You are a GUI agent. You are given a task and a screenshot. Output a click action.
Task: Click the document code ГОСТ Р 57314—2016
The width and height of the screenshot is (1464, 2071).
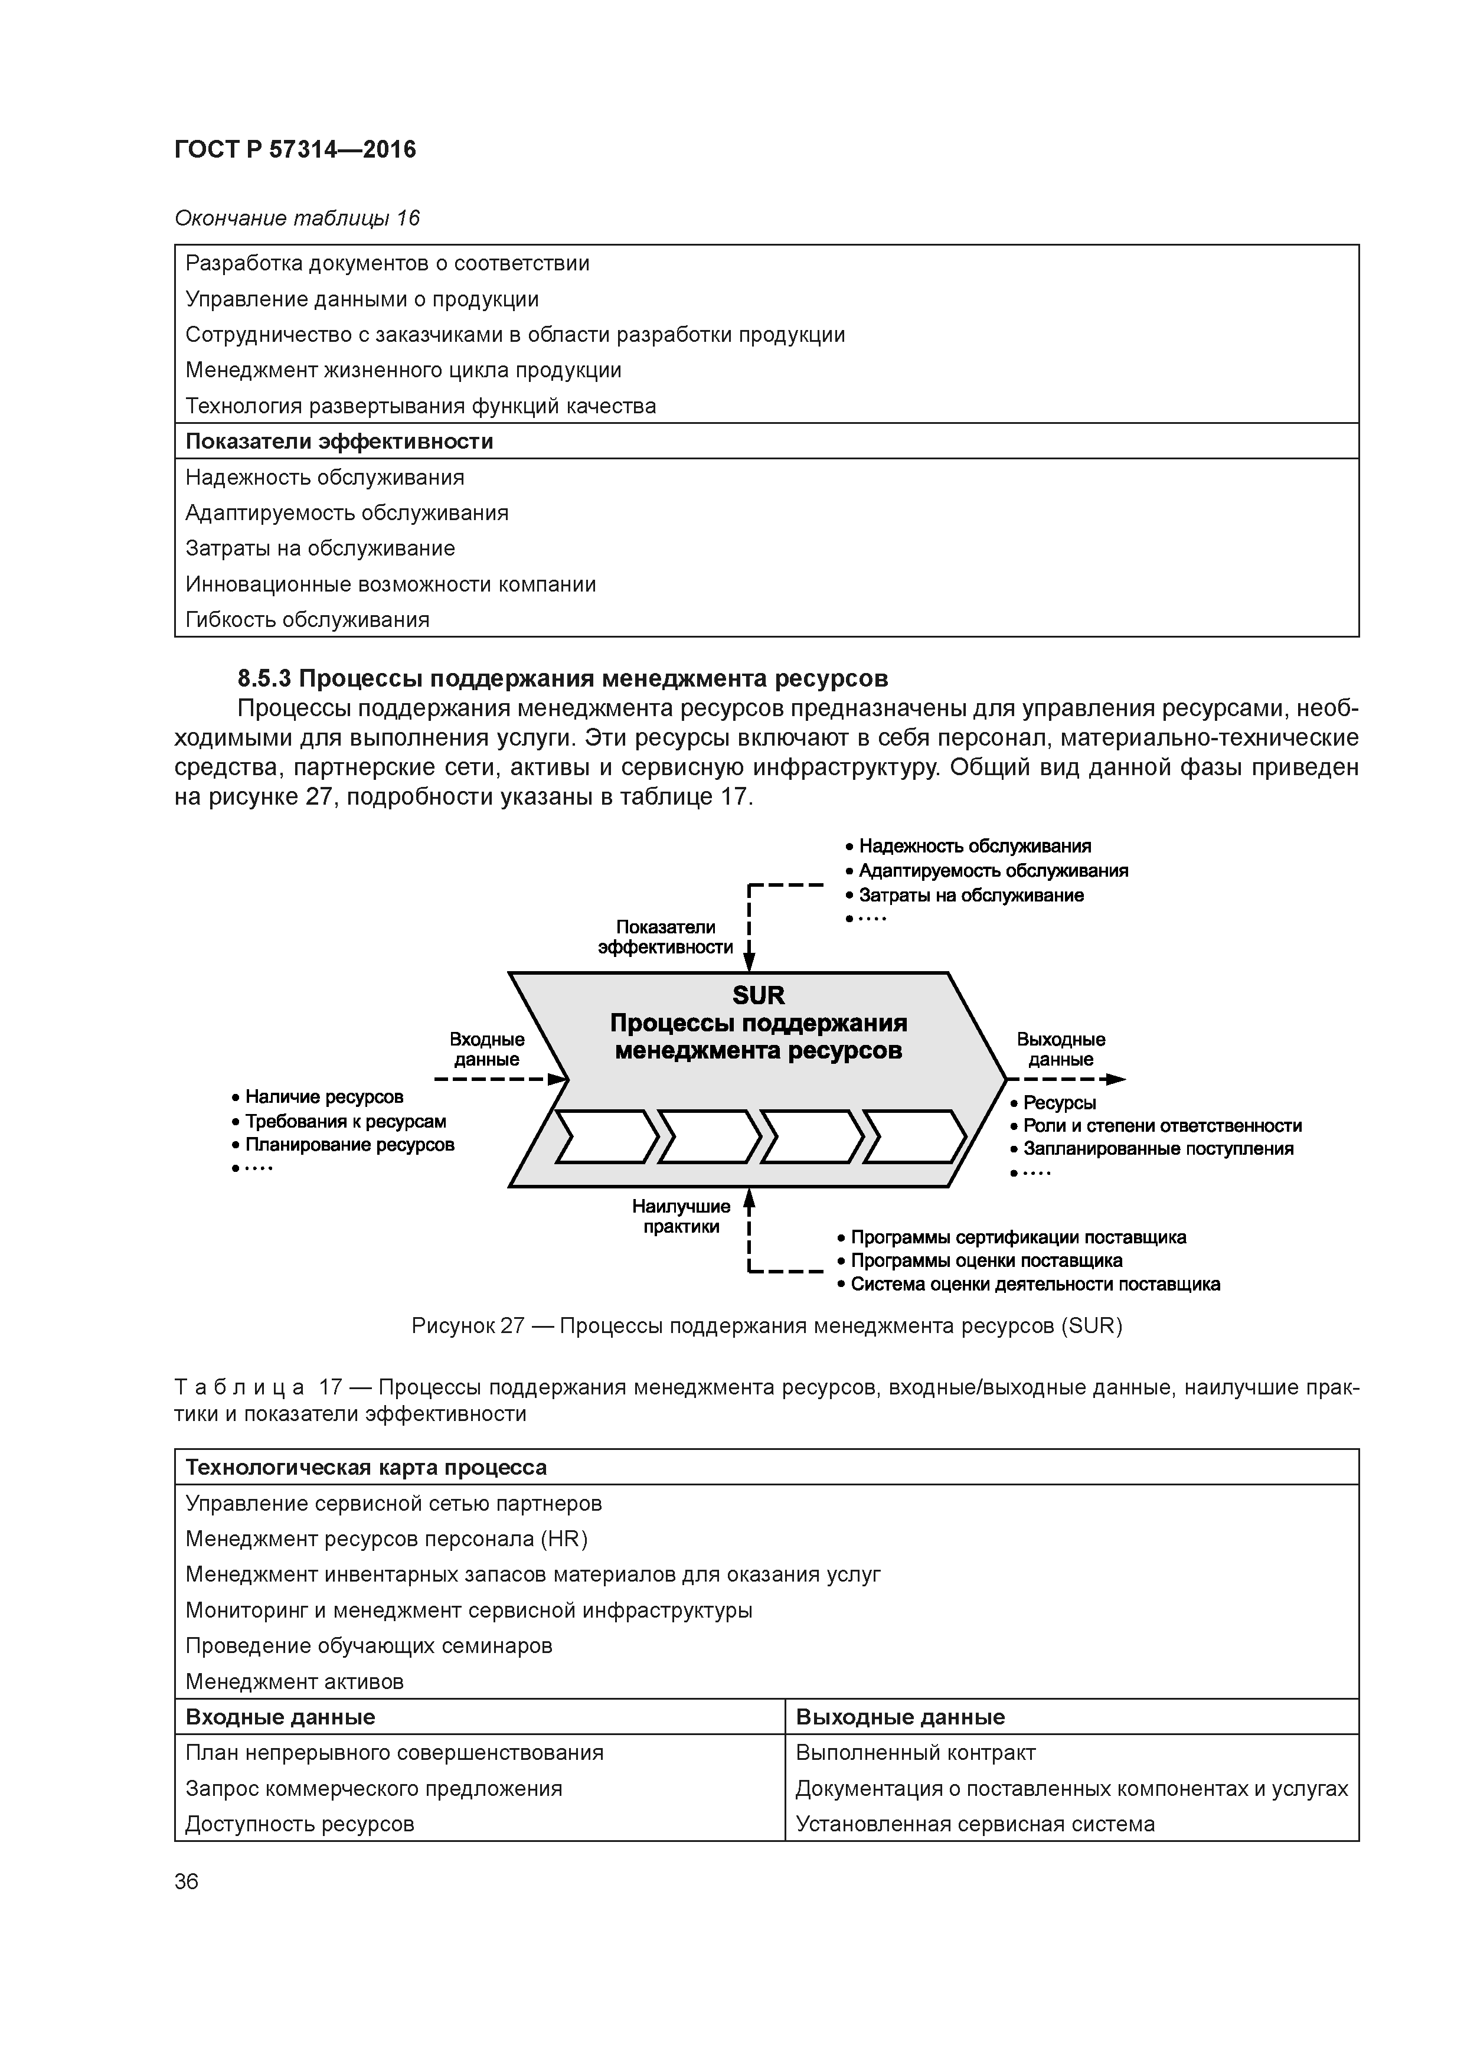[295, 150]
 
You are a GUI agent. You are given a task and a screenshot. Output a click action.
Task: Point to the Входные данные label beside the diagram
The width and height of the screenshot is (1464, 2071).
[487, 1049]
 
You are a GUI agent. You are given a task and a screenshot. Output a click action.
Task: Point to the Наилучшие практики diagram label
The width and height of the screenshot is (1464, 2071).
[681, 1216]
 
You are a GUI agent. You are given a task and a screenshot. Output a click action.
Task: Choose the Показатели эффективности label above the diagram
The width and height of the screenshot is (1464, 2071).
[666, 936]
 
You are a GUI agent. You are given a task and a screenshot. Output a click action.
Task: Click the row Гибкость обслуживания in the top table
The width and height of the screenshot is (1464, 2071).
[307, 620]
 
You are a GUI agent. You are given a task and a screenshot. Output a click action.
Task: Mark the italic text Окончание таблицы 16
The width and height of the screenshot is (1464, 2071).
[297, 218]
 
